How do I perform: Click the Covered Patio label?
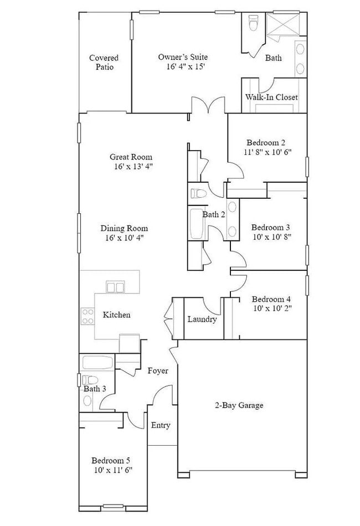coord(104,62)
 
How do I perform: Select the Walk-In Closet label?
coord(271,97)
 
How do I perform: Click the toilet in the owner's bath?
coord(254,24)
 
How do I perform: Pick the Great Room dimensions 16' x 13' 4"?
coord(131,166)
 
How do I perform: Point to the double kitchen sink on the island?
coord(115,287)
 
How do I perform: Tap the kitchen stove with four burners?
coord(88,316)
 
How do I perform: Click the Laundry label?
coord(202,319)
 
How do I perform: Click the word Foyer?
coord(158,370)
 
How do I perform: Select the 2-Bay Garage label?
coord(239,405)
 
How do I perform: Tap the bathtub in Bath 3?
coord(97,364)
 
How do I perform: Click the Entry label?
coord(161,425)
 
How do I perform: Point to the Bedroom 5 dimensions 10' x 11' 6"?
coord(112,470)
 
